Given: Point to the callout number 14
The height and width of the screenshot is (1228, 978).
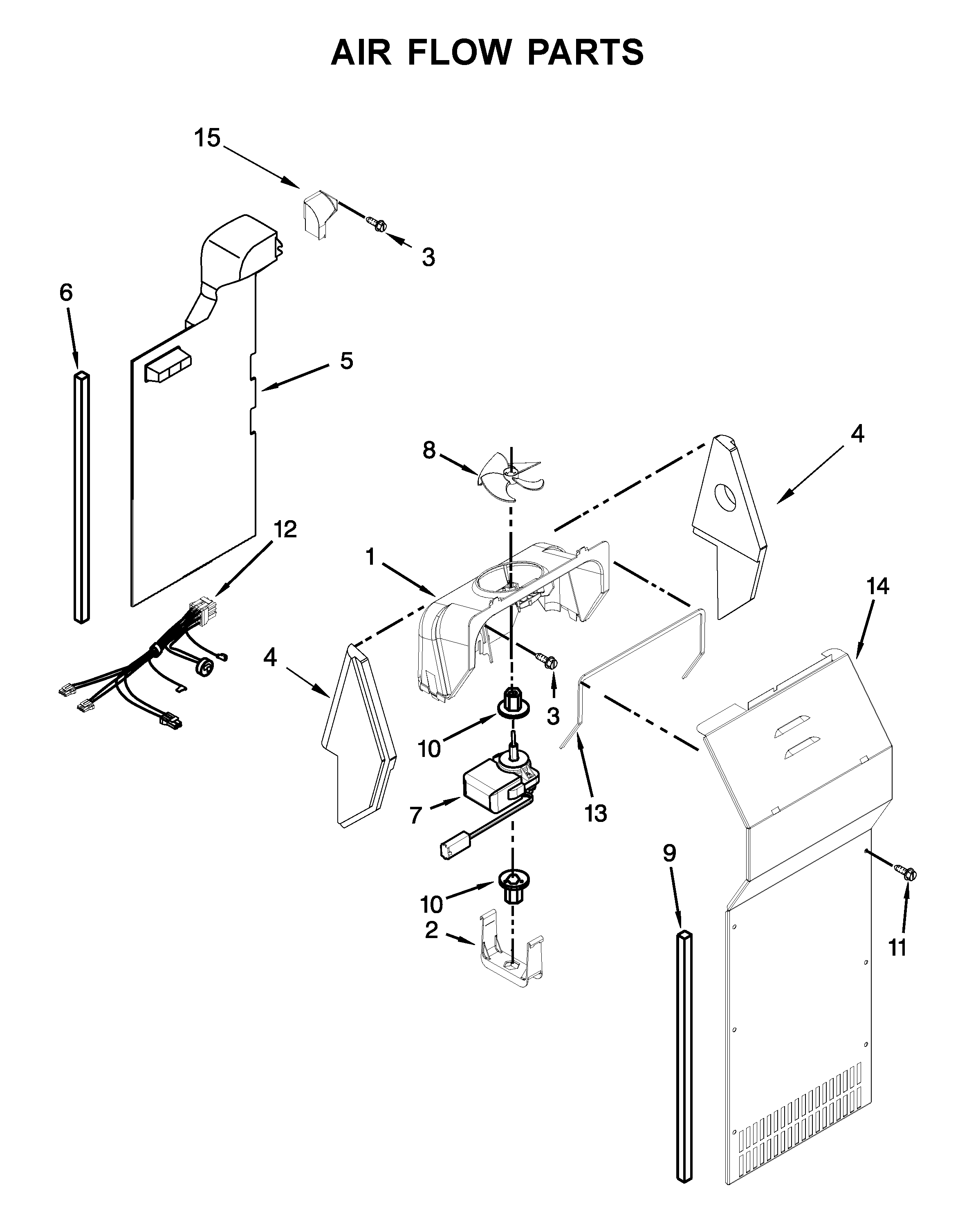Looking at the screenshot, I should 877,587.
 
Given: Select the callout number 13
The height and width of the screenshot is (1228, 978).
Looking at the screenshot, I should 595,813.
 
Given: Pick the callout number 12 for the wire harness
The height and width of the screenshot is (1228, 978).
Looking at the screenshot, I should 285,530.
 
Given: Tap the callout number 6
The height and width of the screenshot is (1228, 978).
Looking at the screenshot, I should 66,293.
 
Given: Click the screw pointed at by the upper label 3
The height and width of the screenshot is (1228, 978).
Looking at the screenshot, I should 377,224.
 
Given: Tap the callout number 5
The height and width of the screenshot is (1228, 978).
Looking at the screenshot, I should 346,361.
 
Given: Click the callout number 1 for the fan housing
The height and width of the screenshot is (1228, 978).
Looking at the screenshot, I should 370,557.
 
